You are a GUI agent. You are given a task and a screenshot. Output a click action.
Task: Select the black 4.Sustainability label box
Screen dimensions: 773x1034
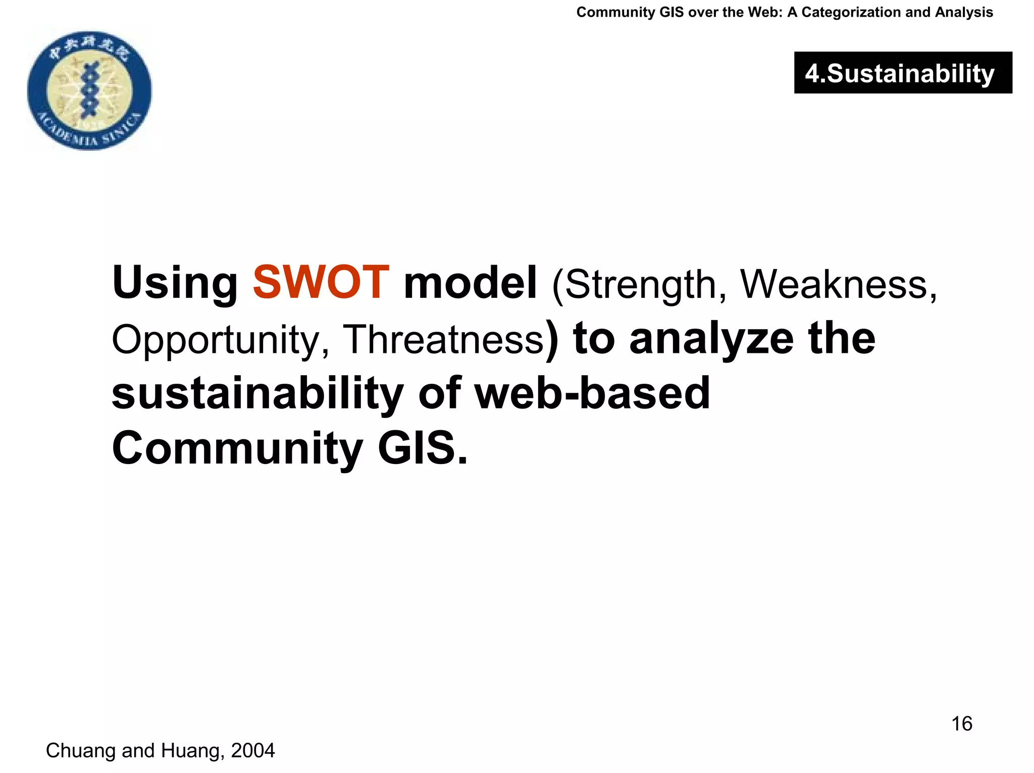tap(903, 73)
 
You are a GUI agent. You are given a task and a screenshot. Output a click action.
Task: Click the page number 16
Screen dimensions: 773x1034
tap(961, 724)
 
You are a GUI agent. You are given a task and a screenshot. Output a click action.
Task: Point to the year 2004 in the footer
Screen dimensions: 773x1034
tap(252, 751)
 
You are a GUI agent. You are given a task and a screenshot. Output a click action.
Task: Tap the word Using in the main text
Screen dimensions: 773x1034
tap(175, 284)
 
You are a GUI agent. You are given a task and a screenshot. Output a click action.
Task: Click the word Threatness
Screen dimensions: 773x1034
tap(443, 339)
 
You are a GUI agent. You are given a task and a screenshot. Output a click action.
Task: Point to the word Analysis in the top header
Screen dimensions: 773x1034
tap(964, 12)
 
